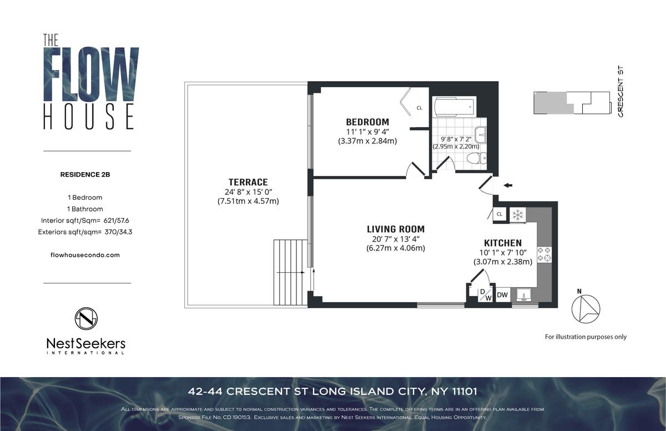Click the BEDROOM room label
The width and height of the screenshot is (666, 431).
click(x=367, y=122)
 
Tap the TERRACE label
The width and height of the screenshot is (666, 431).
click(x=248, y=182)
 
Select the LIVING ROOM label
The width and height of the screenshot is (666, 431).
click(x=396, y=229)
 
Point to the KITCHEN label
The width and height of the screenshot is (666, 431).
click(x=503, y=243)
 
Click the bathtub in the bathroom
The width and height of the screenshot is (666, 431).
click(x=454, y=107)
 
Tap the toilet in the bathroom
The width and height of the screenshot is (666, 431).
click(x=477, y=158)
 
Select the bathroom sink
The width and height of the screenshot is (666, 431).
click(x=481, y=135)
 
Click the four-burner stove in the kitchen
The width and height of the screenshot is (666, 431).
click(x=544, y=254)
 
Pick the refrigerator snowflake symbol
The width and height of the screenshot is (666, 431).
click(x=518, y=215)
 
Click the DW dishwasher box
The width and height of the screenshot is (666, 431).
click(x=502, y=295)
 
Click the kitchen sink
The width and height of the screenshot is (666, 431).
click(x=524, y=295)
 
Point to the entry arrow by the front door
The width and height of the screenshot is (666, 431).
click(x=507, y=186)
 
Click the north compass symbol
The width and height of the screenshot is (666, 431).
click(x=586, y=308)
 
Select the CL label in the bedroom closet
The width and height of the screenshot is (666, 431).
click(x=419, y=108)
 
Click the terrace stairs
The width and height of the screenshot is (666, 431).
click(x=290, y=272)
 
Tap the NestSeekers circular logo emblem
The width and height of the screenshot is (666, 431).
click(x=86, y=319)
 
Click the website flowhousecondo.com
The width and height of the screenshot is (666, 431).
click(x=85, y=255)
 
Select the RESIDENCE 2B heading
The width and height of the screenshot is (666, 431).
click(x=85, y=174)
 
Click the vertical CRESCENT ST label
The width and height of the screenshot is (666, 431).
click(x=620, y=91)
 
